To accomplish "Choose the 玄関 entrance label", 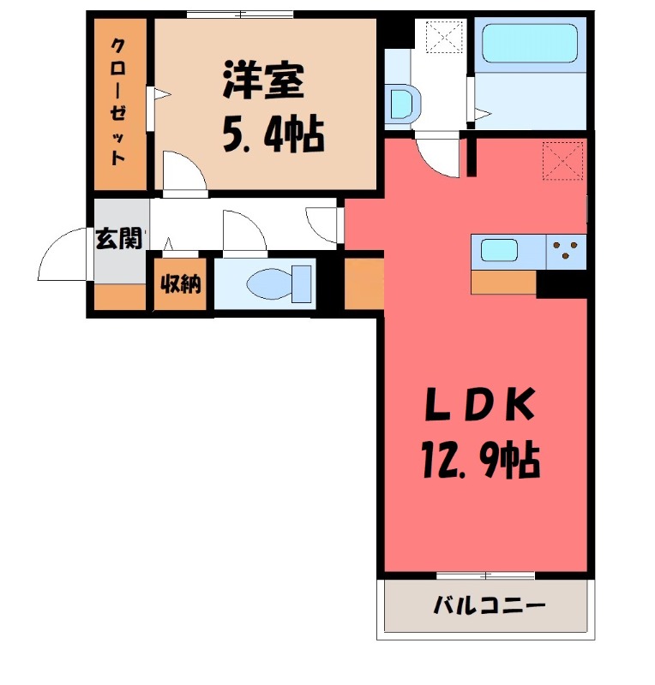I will pos(118,240).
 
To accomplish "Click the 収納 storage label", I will pos(180,283).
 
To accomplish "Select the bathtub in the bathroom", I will pos(529,42).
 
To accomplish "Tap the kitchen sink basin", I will pos(499,251).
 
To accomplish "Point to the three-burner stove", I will pos(565,249).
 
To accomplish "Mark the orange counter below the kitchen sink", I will pos(503,281).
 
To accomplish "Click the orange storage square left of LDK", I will pos(364,283).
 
